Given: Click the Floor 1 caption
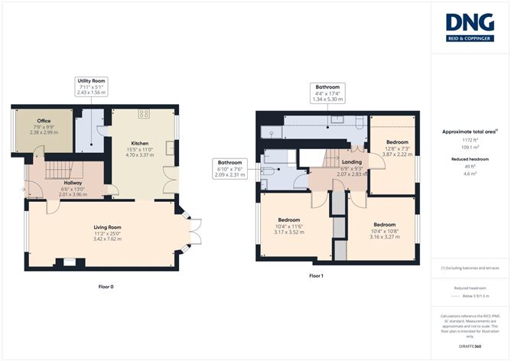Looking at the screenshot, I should (317, 275).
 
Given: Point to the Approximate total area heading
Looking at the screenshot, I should (469, 132).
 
